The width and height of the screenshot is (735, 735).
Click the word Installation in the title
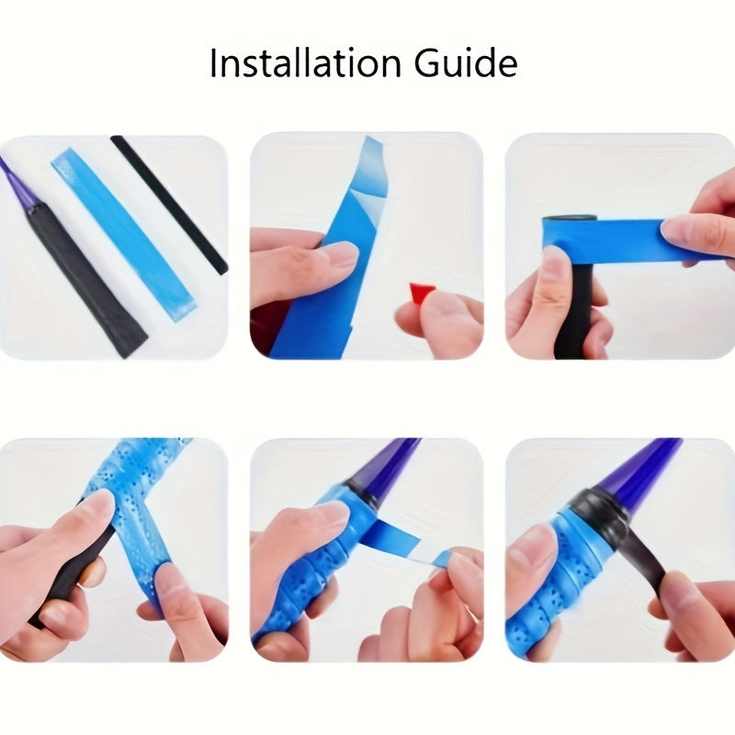pos(305,62)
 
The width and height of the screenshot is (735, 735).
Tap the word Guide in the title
pos(466,62)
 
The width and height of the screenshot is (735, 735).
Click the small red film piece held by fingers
pos(419,293)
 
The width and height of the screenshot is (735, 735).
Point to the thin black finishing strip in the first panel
pos(169,205)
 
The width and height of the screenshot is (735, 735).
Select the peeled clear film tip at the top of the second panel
pos(370,165)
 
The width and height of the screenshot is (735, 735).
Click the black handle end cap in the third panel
pos(569,220)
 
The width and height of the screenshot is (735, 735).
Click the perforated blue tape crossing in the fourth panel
pos(135,515)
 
